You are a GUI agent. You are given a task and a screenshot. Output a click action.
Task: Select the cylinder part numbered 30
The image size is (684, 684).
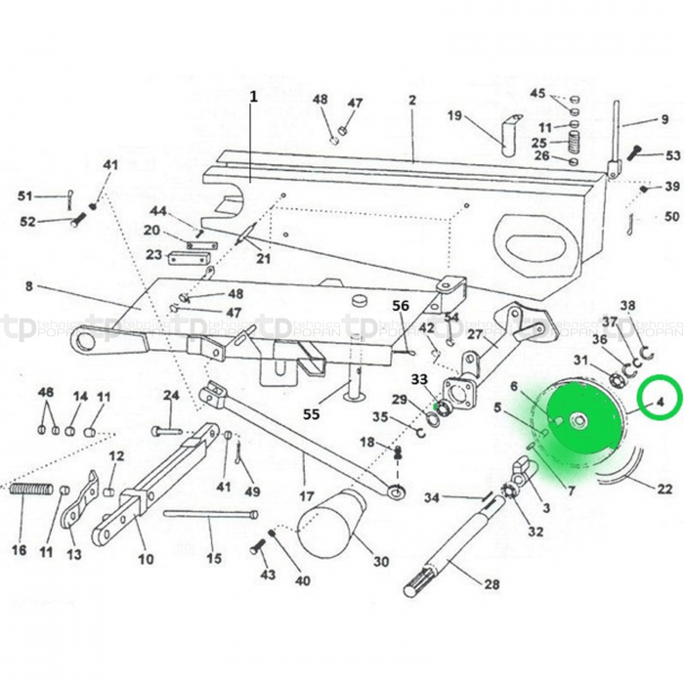[332, 520]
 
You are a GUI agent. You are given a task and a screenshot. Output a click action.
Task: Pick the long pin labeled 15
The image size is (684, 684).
[211, 514]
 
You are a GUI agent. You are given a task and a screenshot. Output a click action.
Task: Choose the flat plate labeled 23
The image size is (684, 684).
[188, 259]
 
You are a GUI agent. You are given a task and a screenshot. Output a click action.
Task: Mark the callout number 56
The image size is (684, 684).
[401, 306]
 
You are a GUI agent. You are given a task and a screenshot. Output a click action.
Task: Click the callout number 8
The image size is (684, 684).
[28, 285]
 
